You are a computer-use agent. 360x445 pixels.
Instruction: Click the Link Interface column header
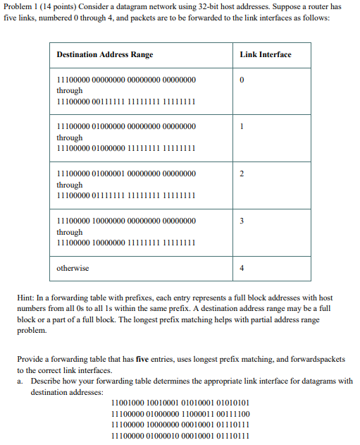point(265,54)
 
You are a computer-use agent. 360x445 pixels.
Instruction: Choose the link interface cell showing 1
point(242,127)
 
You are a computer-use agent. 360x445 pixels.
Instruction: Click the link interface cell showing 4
point(242,268)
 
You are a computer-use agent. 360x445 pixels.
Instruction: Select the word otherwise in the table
point(73,268)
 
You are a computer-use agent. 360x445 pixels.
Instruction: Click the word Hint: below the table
point(26,298)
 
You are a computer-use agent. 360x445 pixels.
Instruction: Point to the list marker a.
point(20,381)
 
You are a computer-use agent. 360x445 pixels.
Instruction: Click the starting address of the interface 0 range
point(126,80)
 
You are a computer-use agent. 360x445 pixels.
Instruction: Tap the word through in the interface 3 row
point(70,232)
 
